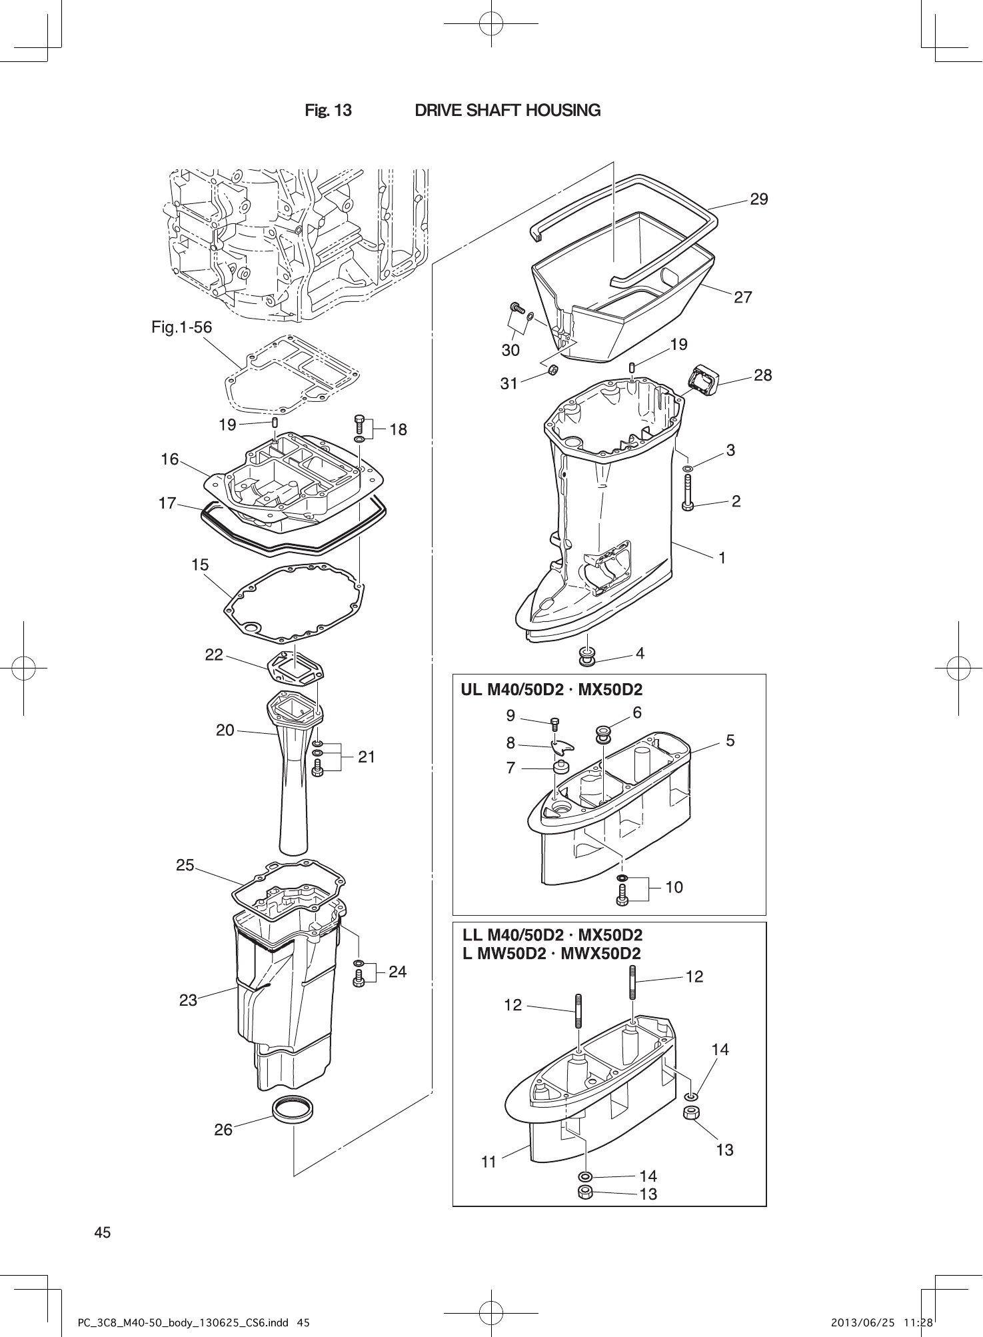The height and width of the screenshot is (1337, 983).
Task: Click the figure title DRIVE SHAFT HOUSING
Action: coord(507,110)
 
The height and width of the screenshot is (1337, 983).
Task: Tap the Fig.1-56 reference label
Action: coord(181,327)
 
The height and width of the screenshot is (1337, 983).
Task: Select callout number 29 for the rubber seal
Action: coord(758,199)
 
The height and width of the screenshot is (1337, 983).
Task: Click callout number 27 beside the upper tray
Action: coord(742,297)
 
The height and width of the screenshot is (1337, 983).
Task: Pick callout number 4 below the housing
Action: coord(640,654)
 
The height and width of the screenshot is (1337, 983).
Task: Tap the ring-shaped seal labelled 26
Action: coord(294,1110)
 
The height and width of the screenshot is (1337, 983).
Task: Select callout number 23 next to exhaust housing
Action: coord(188,1000)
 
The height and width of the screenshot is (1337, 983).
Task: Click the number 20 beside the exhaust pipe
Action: coord(225,730)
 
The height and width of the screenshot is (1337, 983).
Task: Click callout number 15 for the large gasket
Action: coord(200,565)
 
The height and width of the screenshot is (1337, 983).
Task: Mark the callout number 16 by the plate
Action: coord(170,459)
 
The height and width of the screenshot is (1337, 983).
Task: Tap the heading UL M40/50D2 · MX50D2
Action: coord(552,690)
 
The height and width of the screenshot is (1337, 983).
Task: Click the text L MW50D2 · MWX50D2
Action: coord(552,954)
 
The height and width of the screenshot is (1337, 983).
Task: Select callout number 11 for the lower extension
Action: coord(489,1162)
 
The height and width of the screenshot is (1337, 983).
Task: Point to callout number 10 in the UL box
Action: coord(674,887)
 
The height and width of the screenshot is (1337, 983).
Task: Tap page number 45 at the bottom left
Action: coord(103,1232)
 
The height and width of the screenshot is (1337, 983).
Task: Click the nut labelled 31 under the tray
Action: coord(552,370)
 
